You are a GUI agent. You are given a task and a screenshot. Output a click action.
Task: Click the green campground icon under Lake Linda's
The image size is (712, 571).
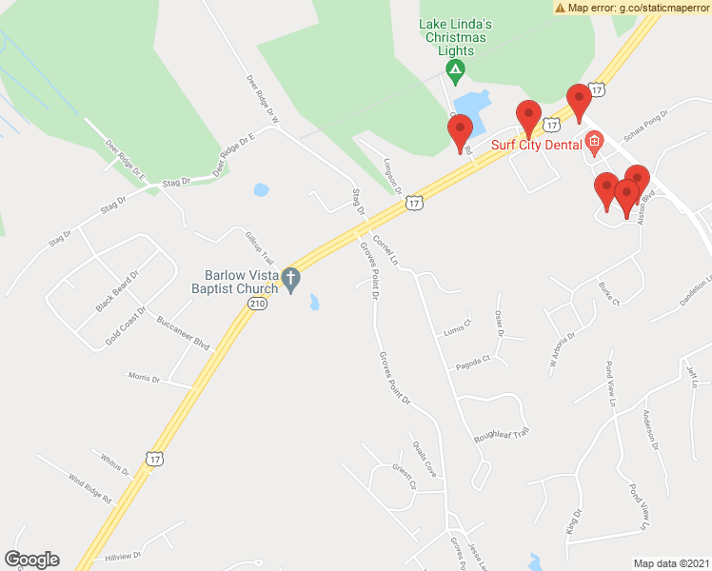[x=456, y=69]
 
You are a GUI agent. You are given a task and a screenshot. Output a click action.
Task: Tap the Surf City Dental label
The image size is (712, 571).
[x=535, y=146]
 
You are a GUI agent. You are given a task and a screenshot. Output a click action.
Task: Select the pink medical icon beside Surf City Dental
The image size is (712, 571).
[x=595, y=145]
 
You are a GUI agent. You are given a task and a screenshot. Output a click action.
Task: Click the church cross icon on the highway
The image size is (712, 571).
[x=291, y=278]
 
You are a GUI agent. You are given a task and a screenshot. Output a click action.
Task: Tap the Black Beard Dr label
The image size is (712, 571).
[x=117, y=291]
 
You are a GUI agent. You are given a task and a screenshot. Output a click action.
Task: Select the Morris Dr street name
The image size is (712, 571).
[x=144, y=378]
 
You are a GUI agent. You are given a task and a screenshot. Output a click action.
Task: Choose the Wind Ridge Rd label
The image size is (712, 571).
[x=89, y=485]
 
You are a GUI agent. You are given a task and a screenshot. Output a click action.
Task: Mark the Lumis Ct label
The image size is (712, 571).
[x=457, y=326]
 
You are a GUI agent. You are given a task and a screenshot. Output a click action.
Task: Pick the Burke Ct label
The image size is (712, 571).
[x=608, y=294]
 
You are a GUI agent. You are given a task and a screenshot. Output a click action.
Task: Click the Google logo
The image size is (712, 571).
[x=31, y=560]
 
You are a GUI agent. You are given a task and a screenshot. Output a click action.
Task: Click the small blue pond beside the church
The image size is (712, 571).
[x=314, y=303]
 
